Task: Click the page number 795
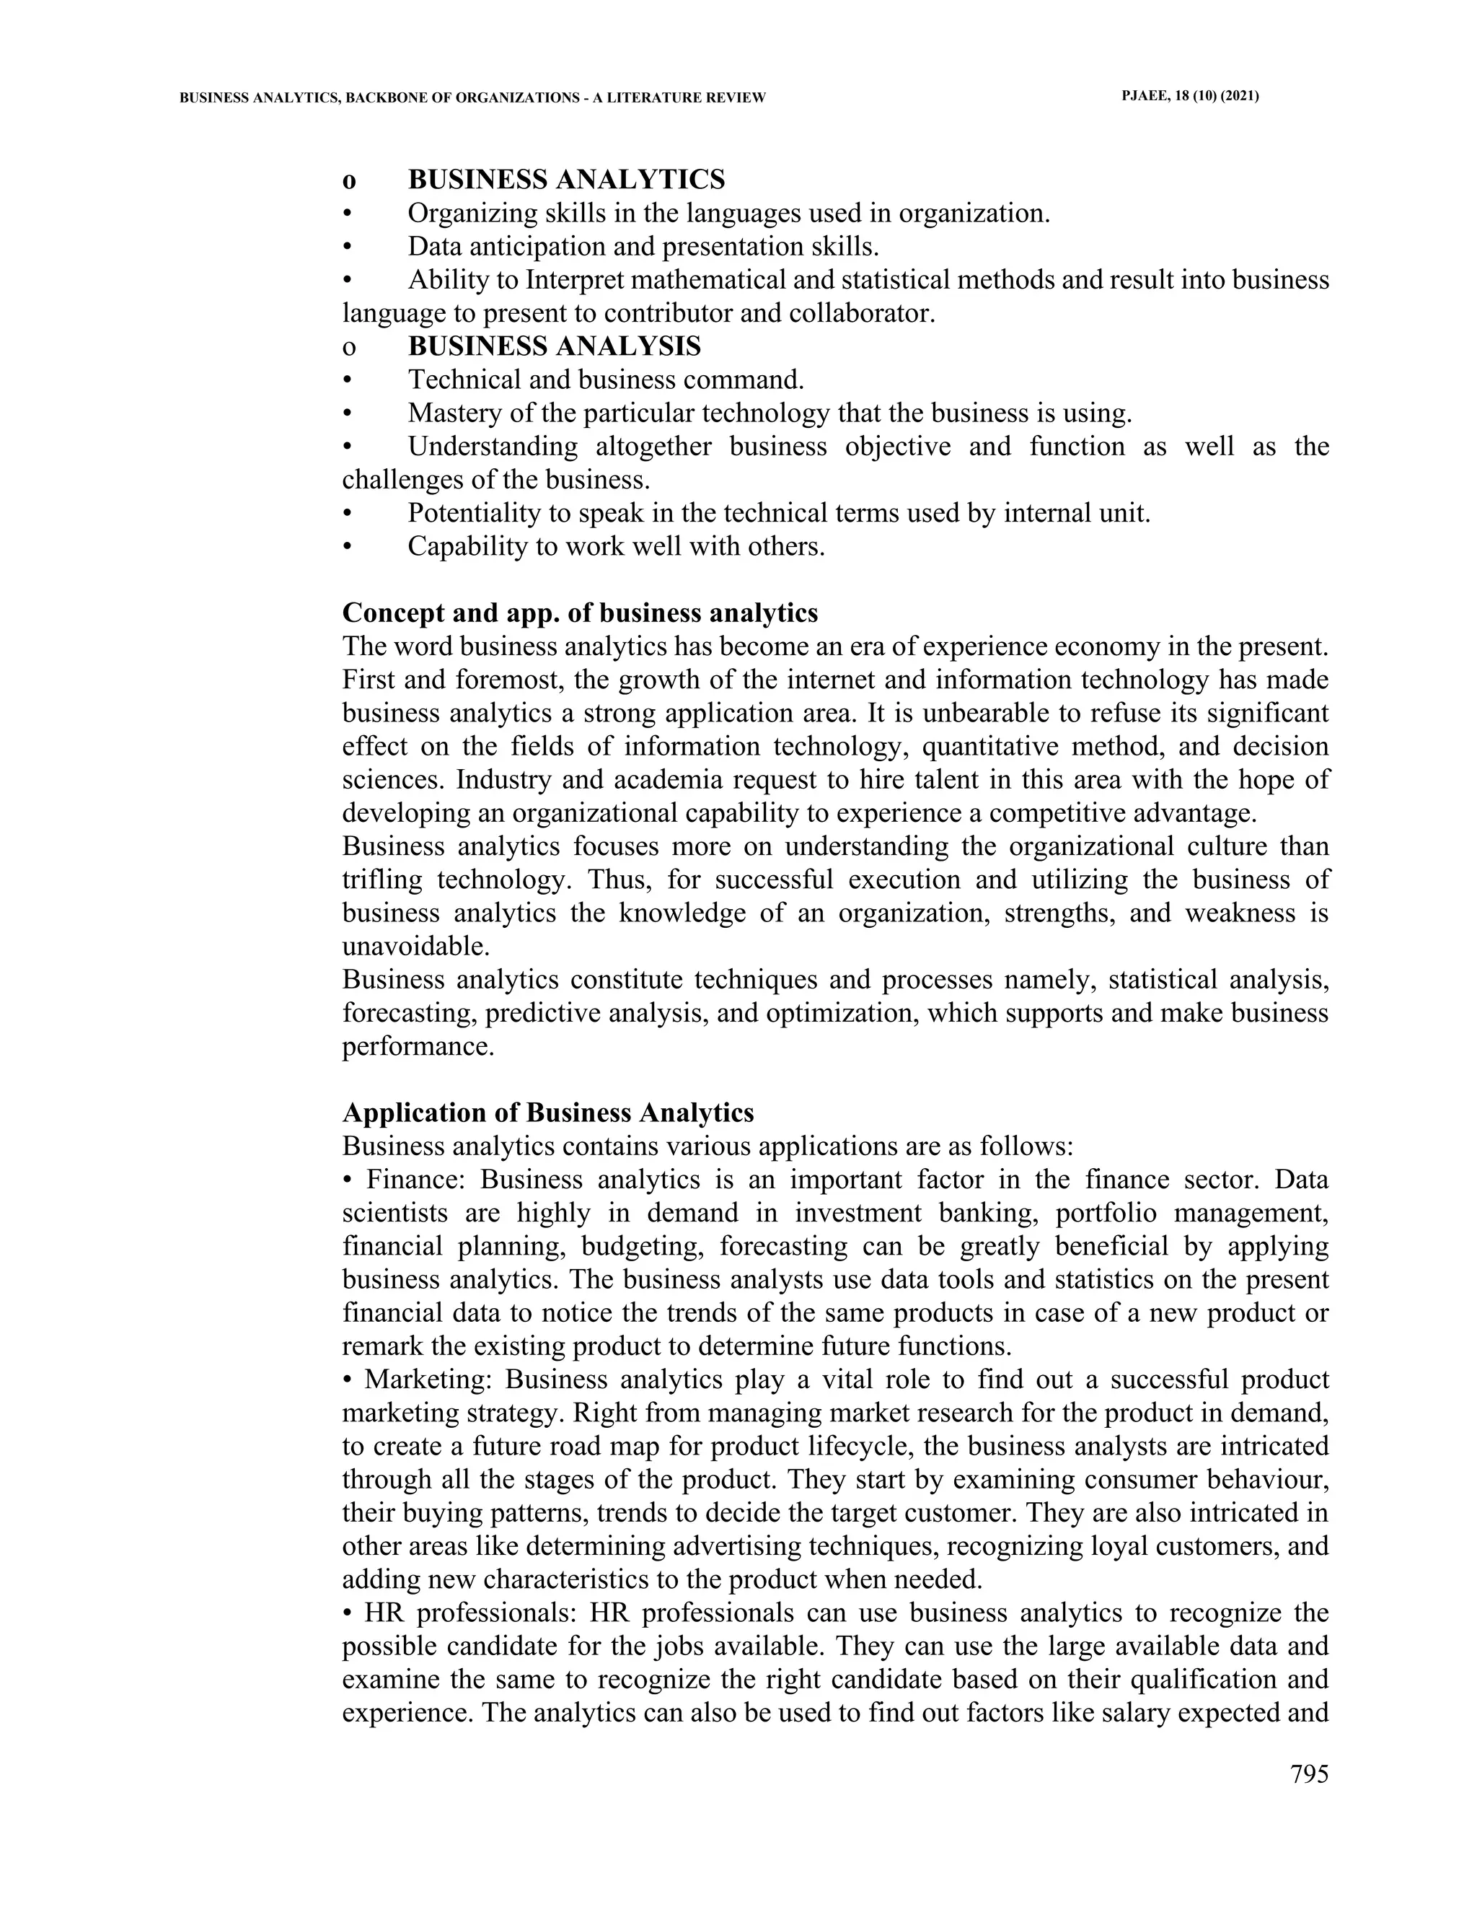pos(1309,1773)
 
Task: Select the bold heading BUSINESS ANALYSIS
pos(554,346)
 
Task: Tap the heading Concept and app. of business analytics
pos(579,613)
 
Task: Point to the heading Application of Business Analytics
pos(548,1113)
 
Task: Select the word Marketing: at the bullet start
pos(429,1380)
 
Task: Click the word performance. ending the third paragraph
pos(418,1047)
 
